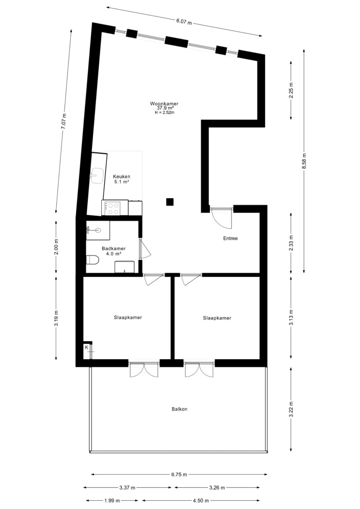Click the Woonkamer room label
(x=164, y=104)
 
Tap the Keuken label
(x=122, y=176)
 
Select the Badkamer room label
(x=113, y=249)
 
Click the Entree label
(x=230, y=239)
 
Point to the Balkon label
(x=179, y=409)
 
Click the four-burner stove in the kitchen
(x=111, y=208)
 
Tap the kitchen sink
(x=96, y=175)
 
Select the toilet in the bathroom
(x=93, y=260)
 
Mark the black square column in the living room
(x=170, y=202)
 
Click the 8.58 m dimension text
(x=304, y=160)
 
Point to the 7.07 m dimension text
(x=63, y=121)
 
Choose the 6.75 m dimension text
(x=179, y=475)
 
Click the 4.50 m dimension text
(x=201, y=501)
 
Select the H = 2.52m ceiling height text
(x=164, y=112)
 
